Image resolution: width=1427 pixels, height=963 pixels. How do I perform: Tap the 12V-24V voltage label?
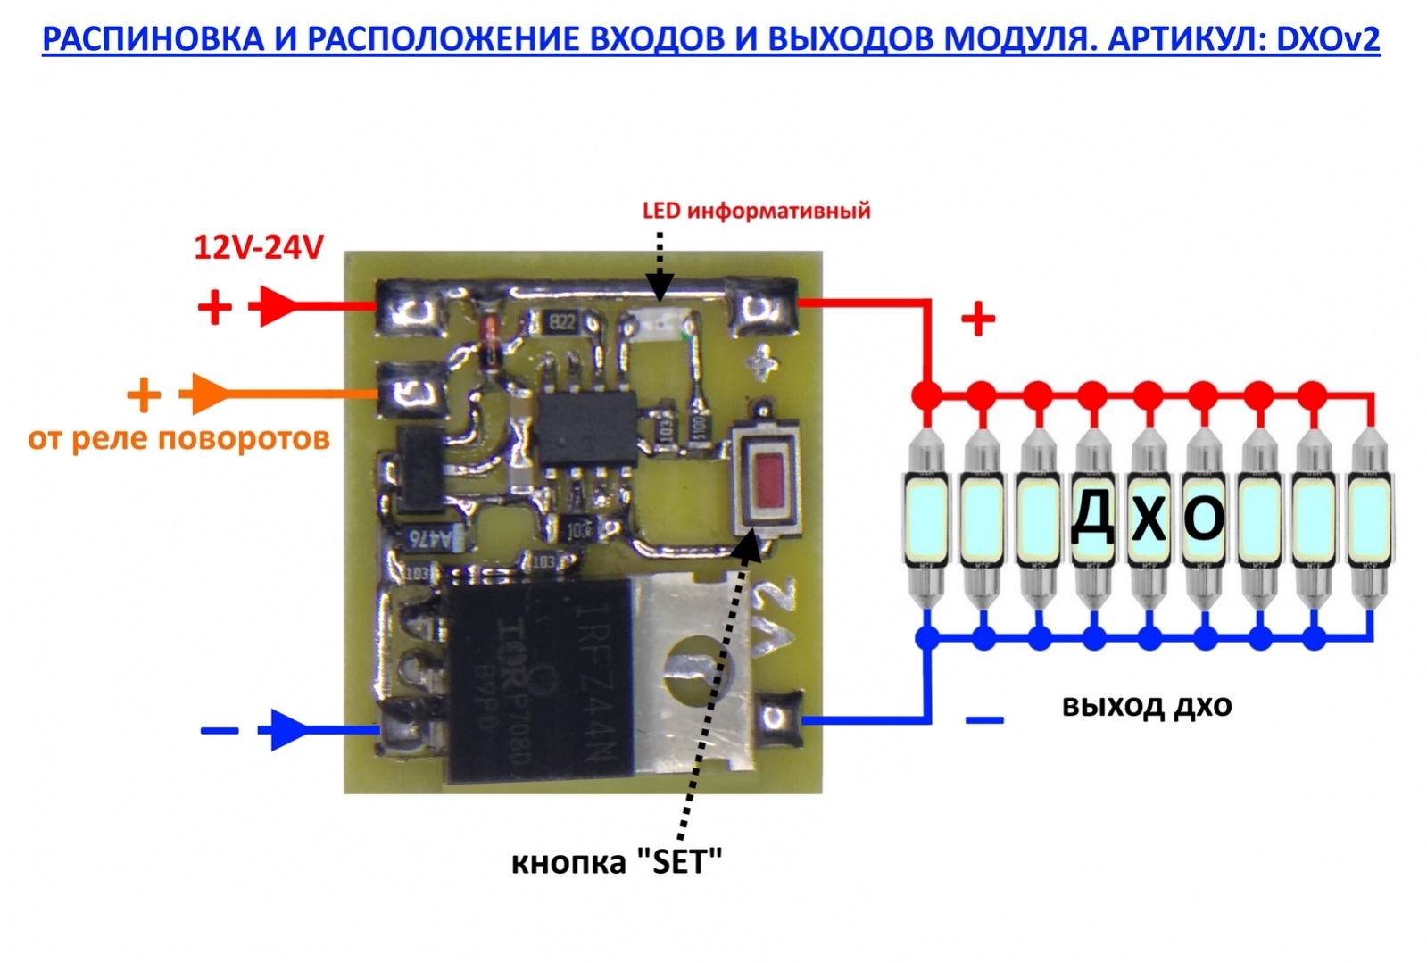click(x=258, y=247)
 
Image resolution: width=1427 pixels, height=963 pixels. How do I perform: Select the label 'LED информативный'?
click(x=756, y=211)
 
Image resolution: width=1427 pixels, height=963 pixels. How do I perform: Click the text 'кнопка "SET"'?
click(x=617, y=862)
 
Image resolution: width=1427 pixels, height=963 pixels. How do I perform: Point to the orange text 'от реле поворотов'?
click(x=178, y=438)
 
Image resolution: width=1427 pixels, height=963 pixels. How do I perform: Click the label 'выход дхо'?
click(x=1147, y=705)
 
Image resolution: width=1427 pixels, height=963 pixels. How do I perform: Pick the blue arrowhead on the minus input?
click(x=286, y=730)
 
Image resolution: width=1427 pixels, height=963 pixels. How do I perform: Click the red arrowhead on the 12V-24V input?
click(x=276, y=306)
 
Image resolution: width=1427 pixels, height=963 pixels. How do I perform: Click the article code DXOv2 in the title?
click(x=1328, y=39)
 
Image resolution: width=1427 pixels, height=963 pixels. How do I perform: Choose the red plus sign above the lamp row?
click(x=978, y=318)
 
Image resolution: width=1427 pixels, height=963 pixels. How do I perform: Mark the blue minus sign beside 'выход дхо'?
click(x=984, y=719)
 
